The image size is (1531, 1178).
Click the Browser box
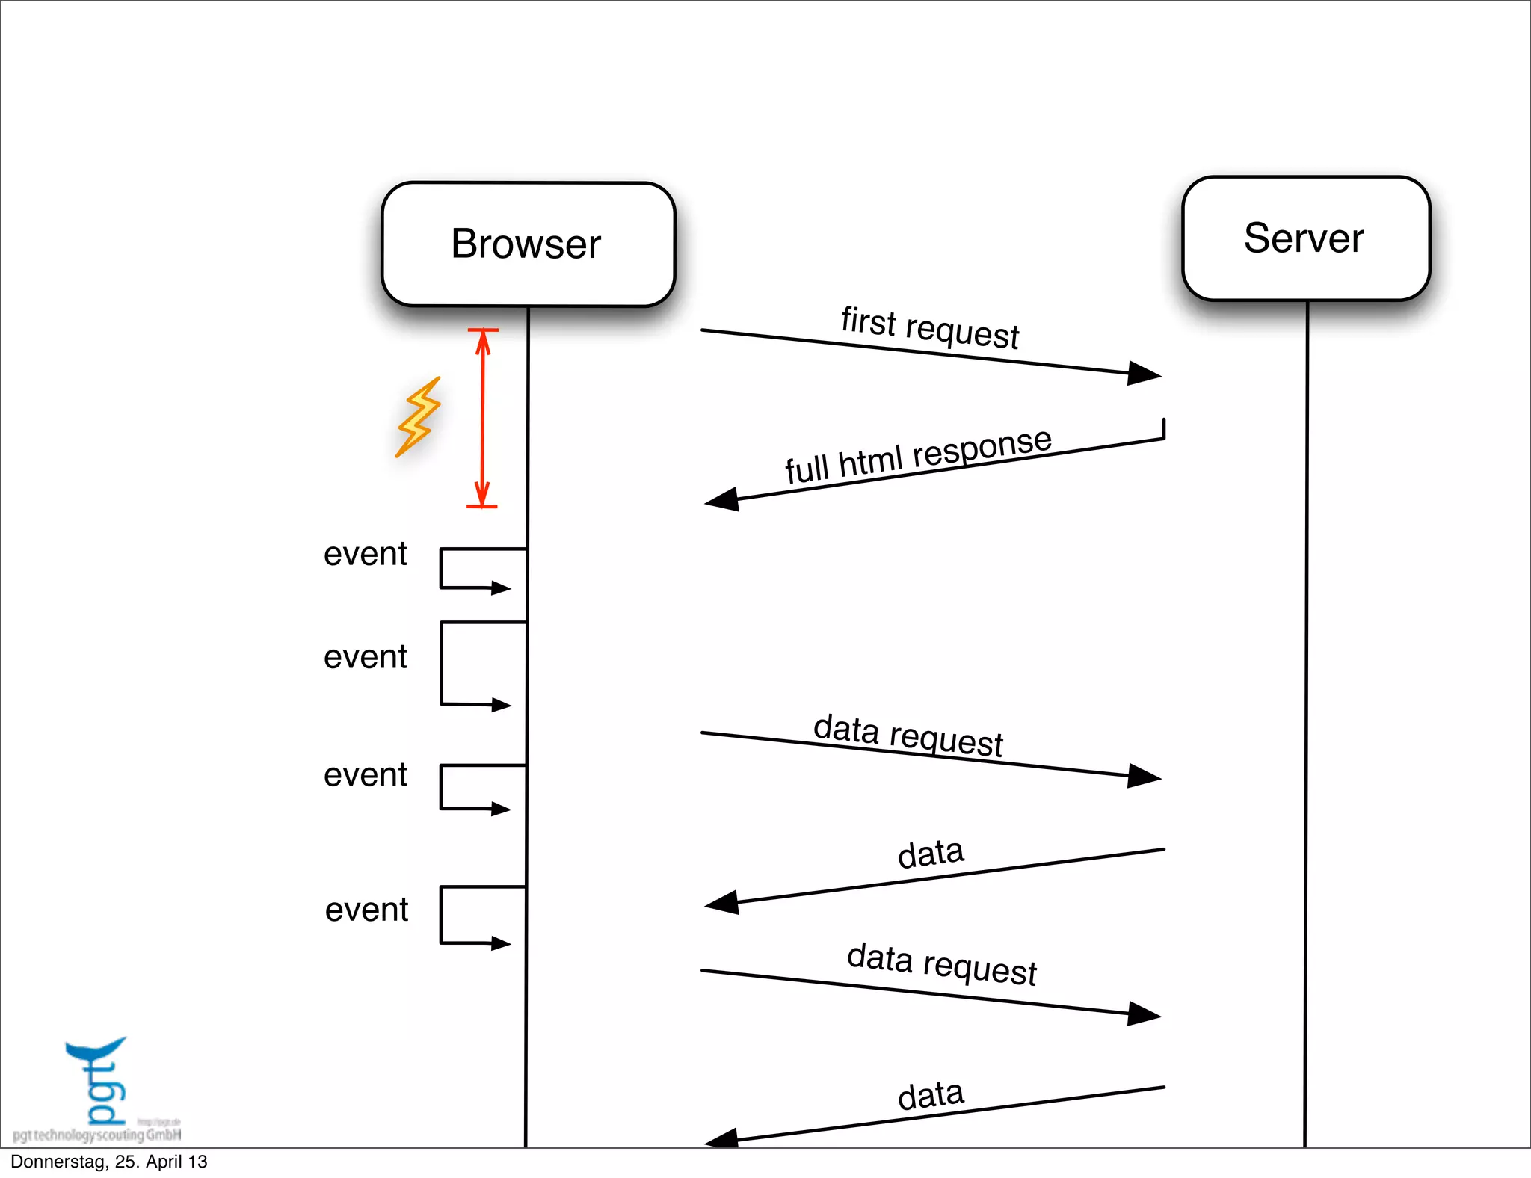(x=528, y=244)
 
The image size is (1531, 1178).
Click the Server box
(x=1305, y=238)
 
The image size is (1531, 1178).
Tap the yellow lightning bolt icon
(x=419, y=416)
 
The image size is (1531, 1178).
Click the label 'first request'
(x=929, y=328)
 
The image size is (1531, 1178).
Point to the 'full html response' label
(x=918, y=455)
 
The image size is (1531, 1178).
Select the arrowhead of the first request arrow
(x=1145, y=373)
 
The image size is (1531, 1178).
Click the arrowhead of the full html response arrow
(x=722, y=500)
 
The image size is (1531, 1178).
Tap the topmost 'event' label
(x=365, y=555)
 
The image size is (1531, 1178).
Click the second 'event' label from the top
(x=365, y=658)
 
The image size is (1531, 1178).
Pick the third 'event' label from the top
(x=365, y=775)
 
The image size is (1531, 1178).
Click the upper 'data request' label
(x=908, y=736)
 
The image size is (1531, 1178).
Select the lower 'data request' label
(x=941, y=964)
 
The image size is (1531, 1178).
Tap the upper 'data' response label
(x=931, y=854)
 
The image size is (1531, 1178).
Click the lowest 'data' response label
(x=931, y=1096)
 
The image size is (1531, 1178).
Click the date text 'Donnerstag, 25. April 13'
(x=109, y=1162)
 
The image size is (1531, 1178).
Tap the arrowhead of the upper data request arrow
(x=1145, y=776)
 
